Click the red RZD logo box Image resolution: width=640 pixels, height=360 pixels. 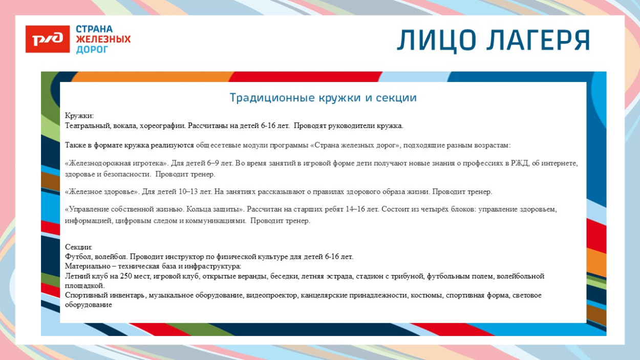tap(47, 39)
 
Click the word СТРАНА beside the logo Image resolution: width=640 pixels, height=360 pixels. tap(94, 29)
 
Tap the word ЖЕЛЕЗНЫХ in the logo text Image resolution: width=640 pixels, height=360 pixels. tap(103, 39)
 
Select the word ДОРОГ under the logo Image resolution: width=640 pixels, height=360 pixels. tap(92, 50)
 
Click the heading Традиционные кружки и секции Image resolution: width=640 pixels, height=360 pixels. tap(323, 97)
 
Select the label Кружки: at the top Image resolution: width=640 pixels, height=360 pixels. tap(79, 116)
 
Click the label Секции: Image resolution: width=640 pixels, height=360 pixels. tap(78, 247)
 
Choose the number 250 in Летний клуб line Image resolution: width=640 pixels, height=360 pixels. tap(126, 276)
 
